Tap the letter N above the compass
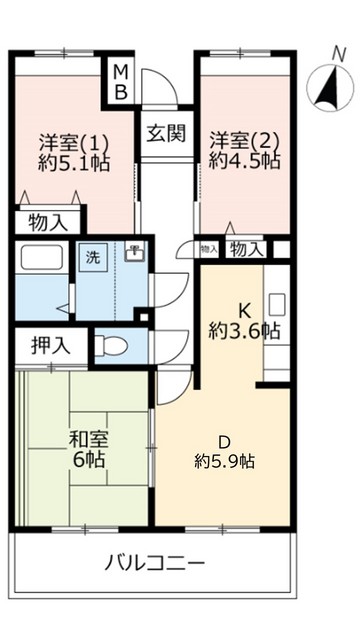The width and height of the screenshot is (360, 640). coord(337,53)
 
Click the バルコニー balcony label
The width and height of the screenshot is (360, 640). coord(155,562)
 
